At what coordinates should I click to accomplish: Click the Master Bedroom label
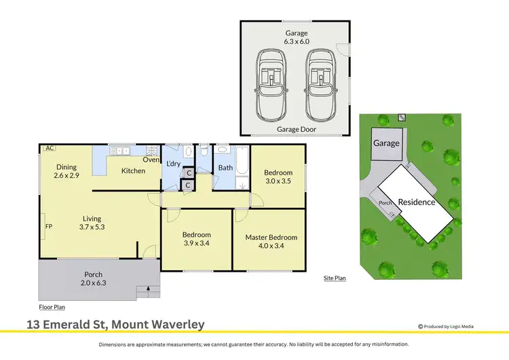pyautogui.click(x=271, y=237)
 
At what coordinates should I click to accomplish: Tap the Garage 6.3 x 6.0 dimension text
pyautogui.click(x=296, y=41)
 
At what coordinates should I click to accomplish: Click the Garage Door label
pyautogui.click(x=296, y=128)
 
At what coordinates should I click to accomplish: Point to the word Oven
pyautogui.click(x=150, y=160)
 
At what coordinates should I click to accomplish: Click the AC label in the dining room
pyautogui.click(x=50, y=148)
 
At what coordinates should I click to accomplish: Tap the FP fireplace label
pyautogui.click(x=48, y=227)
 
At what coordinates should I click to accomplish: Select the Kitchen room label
pyautogui.click(x=133, y=170)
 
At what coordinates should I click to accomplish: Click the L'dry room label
pyautogui.click(x=173, y=164)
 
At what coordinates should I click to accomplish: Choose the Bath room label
pyautogui.click(x=225, y=168)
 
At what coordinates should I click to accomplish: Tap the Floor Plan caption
pyautogui.click(x=52, y=306)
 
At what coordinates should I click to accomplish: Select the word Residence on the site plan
pyautogui.click(x=416, y=202)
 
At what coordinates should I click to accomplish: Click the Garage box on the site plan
pyautogui.click(x=386, y=143)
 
